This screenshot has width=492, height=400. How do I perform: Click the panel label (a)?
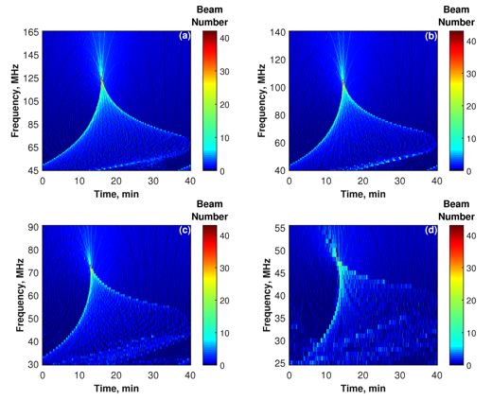pos(184,37)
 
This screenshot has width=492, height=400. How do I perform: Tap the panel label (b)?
pos(431,37)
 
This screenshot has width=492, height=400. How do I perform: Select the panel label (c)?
pos(184,231)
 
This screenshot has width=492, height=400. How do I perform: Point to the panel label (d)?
pos(431,231)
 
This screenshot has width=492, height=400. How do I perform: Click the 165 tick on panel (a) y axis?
pos(31,32)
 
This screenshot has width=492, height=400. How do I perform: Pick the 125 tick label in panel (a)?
pos(31,78)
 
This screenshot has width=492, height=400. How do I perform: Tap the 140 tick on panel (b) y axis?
pos(277,32)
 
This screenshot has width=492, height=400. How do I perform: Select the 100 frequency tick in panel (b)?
pos(277,87)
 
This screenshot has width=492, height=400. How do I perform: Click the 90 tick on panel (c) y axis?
pos(33,227)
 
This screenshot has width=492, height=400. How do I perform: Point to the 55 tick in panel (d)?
pos(280,228)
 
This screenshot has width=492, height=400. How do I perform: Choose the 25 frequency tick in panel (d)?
pos(280,363)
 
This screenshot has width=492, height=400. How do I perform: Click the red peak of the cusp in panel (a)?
pos(101,78)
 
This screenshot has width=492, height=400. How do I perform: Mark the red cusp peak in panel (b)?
pos(343,82)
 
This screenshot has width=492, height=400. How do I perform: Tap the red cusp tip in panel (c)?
pos(91,268)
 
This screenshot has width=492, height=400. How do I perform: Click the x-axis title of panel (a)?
pos(116,194)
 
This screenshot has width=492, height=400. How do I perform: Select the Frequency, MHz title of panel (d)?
pos(267,295)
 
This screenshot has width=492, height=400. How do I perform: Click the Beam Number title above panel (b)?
pos(456,16)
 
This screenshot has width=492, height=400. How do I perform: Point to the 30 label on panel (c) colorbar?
pos(224,269)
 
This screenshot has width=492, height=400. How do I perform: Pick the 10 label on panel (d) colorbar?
pos(471,333)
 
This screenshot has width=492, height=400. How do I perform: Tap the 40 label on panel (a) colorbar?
pos(224,39)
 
